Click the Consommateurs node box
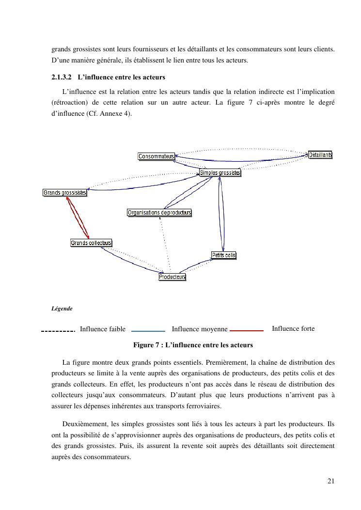156,156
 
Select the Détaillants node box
320,155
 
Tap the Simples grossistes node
220,173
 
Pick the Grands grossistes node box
65,193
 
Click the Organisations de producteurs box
159,213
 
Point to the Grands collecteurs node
91,243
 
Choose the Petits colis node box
223,255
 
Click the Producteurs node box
172,277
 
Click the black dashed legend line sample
58,331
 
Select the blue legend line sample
148,330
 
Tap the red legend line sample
246,330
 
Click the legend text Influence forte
293,329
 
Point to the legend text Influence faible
102,329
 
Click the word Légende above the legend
62,309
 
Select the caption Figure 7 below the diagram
193,345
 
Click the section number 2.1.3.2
62,77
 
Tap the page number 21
331,481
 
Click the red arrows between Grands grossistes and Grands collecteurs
78,218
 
